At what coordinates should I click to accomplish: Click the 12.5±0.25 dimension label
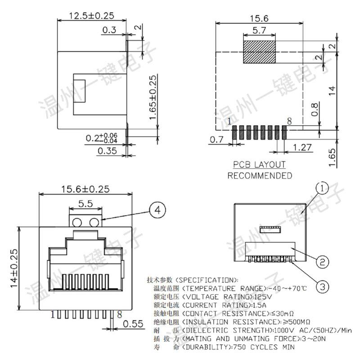click(x=92, y=16)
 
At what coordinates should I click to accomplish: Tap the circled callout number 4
click(x=157, y=210)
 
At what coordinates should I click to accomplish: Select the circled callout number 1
click(x=322, y=189)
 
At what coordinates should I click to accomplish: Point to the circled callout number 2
click(x=323, y=261)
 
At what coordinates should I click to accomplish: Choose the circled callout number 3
click(x=323, y=287)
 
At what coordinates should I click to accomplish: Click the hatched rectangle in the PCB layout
click(x=260, y=52)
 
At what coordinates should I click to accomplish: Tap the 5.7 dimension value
click(x=259, y=30)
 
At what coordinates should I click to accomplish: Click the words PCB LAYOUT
click(x=260, y=165)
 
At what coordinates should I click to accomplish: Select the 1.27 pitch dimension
click(x=302, y=148)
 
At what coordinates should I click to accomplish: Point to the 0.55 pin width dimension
click(x=133, y=324)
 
